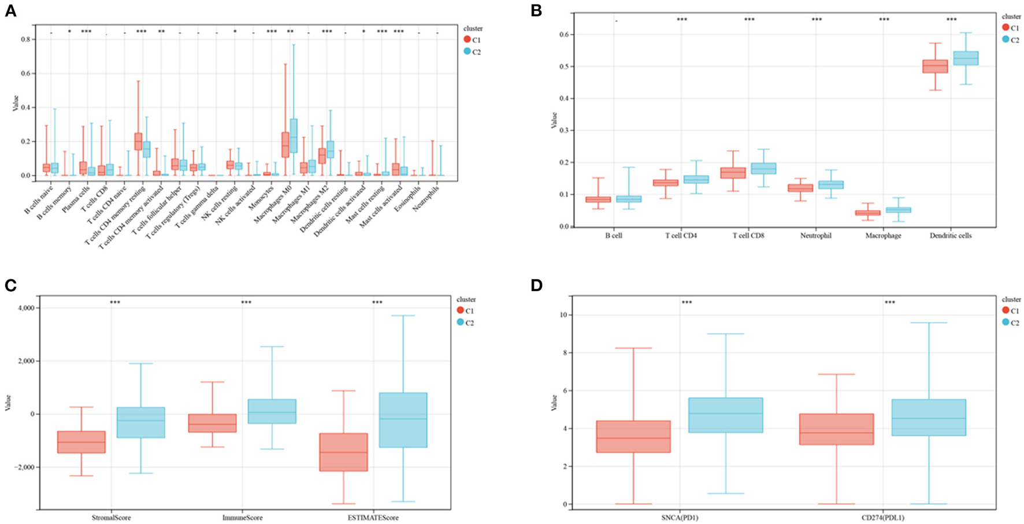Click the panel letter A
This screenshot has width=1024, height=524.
pos(10,11)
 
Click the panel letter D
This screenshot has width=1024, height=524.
pos(537,285)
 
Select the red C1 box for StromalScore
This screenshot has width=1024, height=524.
pos(80,442)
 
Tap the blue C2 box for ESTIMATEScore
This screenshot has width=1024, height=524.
pos(403,420)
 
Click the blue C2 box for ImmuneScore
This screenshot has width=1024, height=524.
pos(272,411)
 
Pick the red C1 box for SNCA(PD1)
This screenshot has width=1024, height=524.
pos(633,436)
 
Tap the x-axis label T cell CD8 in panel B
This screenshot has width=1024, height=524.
pos(748,236)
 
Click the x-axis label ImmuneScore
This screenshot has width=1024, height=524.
pos(246,518)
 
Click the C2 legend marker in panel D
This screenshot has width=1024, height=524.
pos(1006,322)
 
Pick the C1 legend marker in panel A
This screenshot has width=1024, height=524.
pos(467,39)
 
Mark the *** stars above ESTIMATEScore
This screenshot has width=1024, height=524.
pos(377,302)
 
